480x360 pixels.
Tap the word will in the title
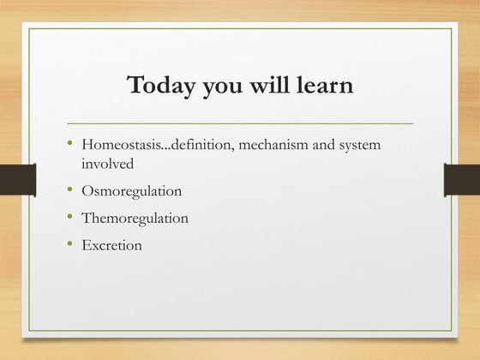tap(273, 87)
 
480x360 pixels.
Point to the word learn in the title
tap(325, 87)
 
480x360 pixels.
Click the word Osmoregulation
tap(131, 190)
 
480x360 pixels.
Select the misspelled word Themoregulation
tap(135, 218)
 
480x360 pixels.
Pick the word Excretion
tap(111, 245)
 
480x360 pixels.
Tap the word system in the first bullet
tap(360, 145)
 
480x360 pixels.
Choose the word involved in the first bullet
tap(107, 162)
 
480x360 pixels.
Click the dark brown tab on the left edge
tap(16, 179)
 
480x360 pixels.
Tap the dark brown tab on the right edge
tap(462, 179)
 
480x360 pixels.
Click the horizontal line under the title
tap(240, 123)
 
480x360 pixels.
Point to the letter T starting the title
tap(135, 86)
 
